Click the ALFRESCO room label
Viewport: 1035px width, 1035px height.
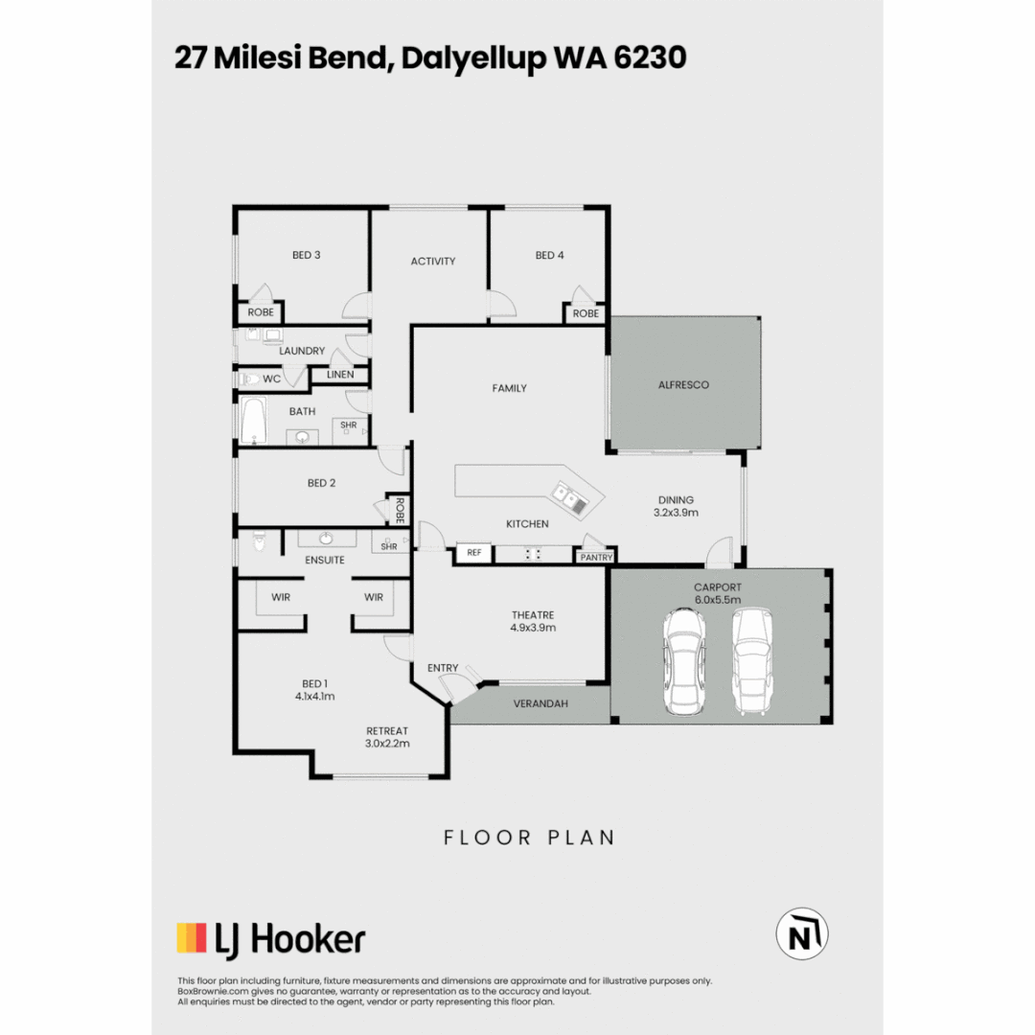point(683,384)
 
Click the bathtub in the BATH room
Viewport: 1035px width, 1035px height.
point(255,423)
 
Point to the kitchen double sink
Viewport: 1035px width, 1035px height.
point(566,495)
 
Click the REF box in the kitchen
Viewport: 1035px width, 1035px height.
point(473,553)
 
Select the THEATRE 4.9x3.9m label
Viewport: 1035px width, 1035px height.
point(533,621)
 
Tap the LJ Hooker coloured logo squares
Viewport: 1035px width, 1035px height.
point(192,937)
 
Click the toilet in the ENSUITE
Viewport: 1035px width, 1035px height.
point(257,544)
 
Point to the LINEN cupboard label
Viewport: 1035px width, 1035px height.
point(340,374)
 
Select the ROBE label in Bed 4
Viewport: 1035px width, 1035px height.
point(586,313)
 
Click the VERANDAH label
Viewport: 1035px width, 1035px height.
point(540,703)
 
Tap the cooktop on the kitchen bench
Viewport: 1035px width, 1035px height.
point(533,553)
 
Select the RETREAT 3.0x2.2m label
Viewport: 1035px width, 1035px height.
point(387,736)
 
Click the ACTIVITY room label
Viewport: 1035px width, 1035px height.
point(432,261)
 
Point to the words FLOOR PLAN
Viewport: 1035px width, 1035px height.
point(529,838)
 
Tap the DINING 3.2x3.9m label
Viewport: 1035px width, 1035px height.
point(676,505)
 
